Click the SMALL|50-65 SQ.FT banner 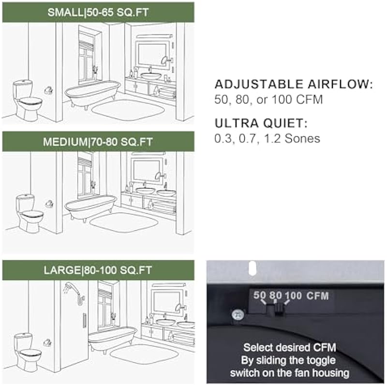[98, 13]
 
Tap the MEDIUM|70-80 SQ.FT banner [98, 141]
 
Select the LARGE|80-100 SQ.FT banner [98, 270]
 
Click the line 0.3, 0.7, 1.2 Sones [267, 138]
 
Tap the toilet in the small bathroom [27, 100]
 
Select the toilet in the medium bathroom [30, 214]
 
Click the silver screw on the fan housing [238, 315]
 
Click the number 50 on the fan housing [260, 295]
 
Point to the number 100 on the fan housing [293, 296]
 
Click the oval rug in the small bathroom [129, 110]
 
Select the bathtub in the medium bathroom [90, 207]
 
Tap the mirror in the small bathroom [152, 55]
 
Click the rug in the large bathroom [144, 355]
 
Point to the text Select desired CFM [290, 347]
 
